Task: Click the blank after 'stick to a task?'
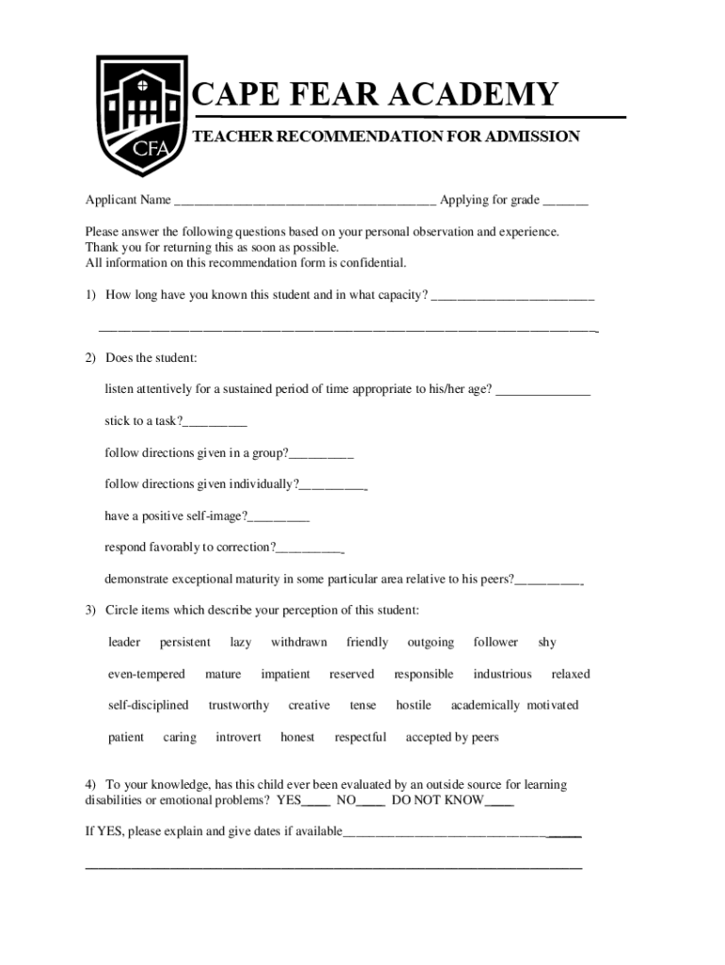coord(215,422)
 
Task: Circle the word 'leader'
coord(124,643)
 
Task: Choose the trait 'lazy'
coord(240,643)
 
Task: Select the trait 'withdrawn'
coord(298,643)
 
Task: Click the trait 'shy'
coord(547,643)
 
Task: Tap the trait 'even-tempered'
coord(146,675)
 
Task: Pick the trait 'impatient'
coord(285,675)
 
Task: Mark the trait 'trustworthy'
coord(238,706)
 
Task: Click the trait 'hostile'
coord(413,706)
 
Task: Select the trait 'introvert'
coord(238,738)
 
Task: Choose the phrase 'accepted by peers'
coord(452,738)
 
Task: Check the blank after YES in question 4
coord(316,802)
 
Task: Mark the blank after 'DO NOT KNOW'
coord(499,802)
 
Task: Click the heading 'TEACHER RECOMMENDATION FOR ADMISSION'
coord(386,138)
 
